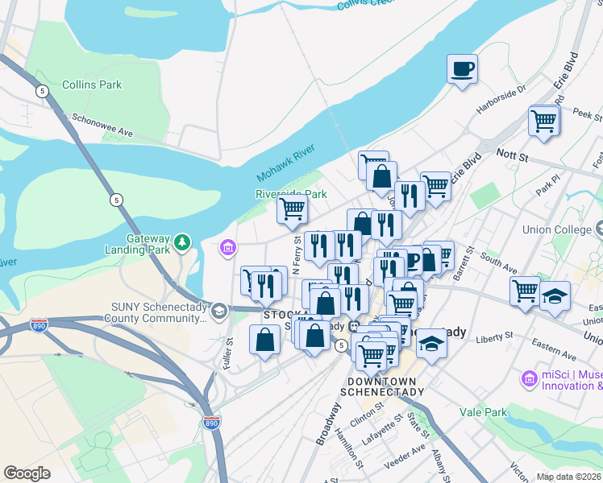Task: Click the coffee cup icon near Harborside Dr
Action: (x=463, y=68)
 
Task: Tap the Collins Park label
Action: (x=91, y=85)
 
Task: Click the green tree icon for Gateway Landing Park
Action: (x=183, y=241)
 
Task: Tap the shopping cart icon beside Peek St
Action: (x=544, y=122)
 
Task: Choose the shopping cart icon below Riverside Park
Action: (x=292, y=209)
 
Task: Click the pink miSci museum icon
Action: (x=529, y=378)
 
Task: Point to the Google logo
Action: (x=27, y=473)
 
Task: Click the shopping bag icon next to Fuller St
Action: (x=264, y=340)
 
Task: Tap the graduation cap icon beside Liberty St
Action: (x=431, y=344)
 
